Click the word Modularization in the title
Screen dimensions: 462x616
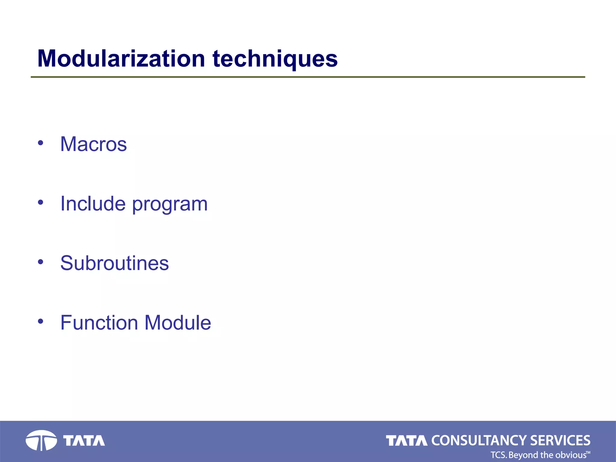121,58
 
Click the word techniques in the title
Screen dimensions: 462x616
275,59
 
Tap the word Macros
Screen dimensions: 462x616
94,144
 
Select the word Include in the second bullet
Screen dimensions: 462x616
93,204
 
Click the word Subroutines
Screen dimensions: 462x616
115,263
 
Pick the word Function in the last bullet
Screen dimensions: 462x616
99,322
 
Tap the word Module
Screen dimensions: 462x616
178,322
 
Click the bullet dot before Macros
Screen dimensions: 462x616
41,143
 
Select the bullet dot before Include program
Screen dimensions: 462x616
41,202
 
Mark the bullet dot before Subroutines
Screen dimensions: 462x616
41,262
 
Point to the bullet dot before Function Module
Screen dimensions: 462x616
41,322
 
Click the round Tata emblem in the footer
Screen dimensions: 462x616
41,441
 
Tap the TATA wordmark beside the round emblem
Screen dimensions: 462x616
84,441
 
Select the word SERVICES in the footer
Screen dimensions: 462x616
560,441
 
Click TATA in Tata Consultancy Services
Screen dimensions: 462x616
407,441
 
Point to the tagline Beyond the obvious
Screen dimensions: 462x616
547,455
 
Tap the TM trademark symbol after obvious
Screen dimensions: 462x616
588,452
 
